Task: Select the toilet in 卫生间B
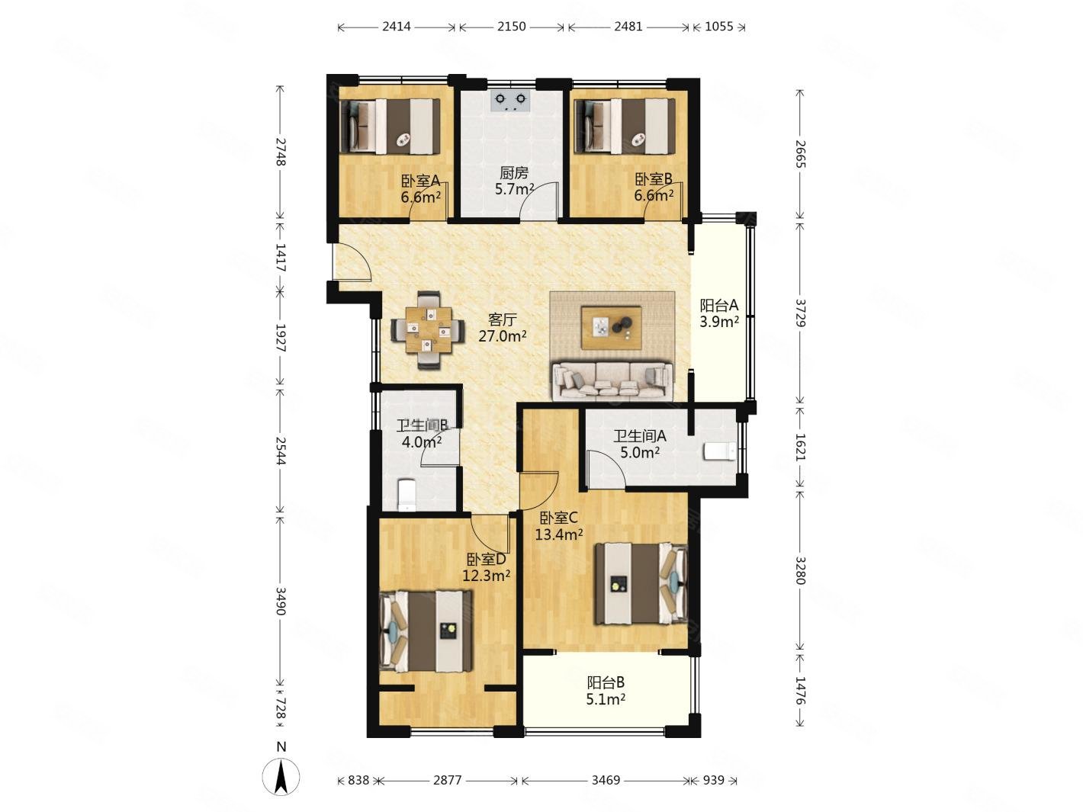point(407,495)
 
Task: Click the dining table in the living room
point(428,330)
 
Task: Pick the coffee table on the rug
point(611,328)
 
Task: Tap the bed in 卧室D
point(426,631)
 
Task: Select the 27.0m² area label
point(502,336)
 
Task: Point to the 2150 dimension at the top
point(511,27)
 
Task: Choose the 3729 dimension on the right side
point(800,313)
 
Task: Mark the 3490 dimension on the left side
point(280,601)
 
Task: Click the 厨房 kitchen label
point(513,172)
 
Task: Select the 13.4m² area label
point(559,534)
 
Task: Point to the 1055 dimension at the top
point(718,27)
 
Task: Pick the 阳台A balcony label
point(719,306)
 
